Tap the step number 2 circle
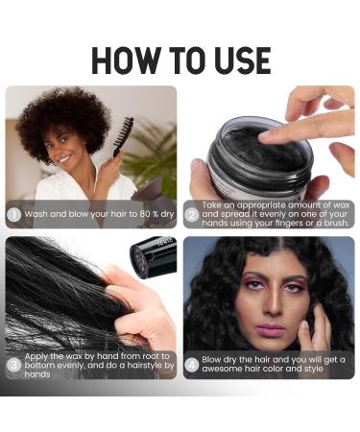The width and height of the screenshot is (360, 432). (192, 214)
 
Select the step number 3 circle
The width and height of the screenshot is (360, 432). (14, 365)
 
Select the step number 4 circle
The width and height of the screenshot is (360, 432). (192, 365)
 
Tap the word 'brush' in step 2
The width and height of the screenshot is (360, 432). (324, 222)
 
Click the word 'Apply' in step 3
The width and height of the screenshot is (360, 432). (39, 355)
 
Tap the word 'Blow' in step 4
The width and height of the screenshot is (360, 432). (214, 360)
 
